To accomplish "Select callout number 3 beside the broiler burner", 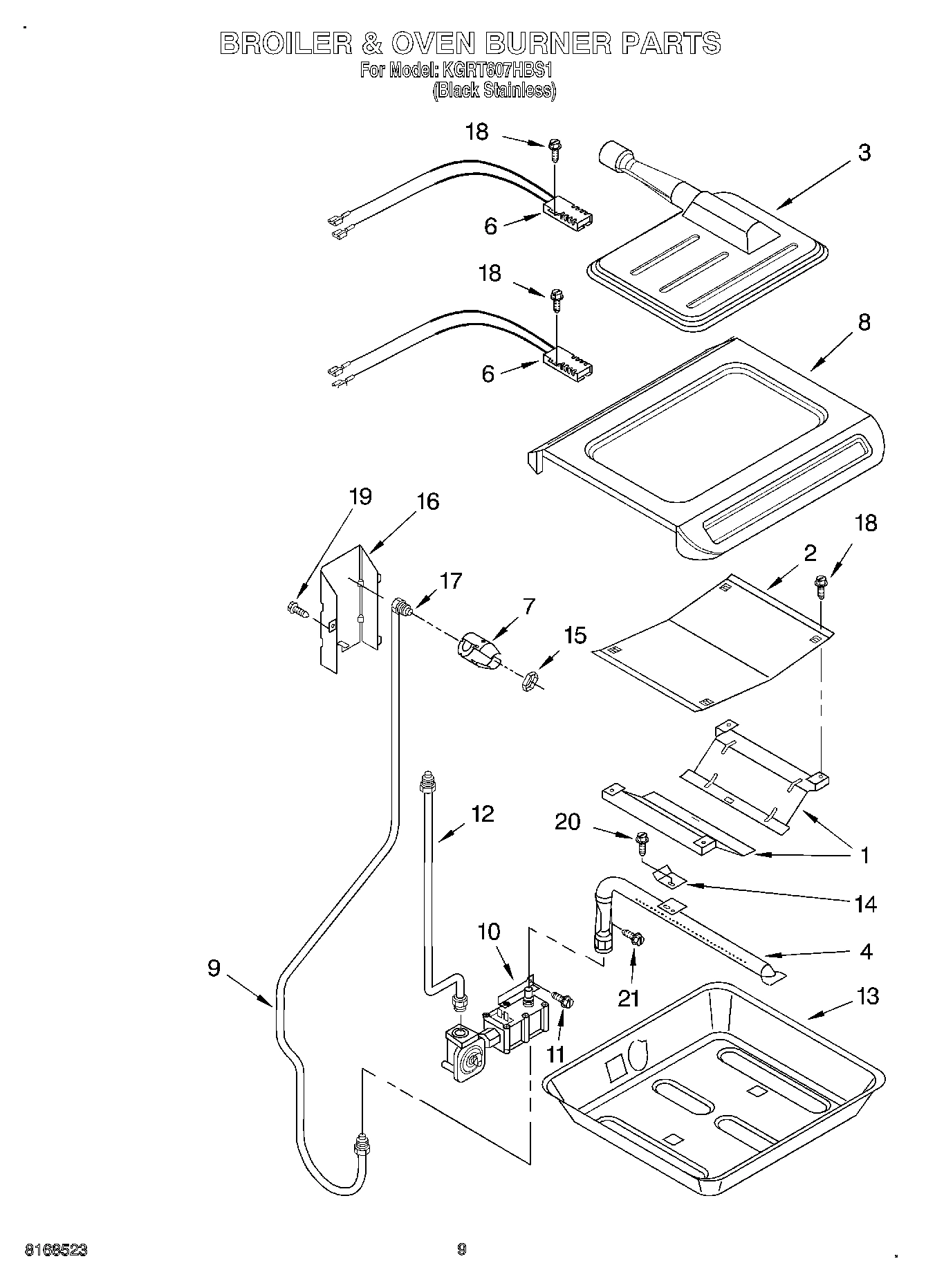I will [x=864, y=153].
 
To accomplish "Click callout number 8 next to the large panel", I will [x=864, y=322].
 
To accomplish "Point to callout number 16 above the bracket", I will [x=428, y=502].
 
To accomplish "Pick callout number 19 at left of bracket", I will [x=360, y=496].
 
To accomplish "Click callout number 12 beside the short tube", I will [x=482, y=813].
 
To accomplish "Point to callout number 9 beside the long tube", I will [x=214, y=968].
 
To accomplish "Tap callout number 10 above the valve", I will [x=488, y=931].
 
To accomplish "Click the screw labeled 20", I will [x=641, y=840].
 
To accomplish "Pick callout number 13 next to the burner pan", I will [x=867, y=996].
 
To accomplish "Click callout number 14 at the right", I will [x=866, y=904].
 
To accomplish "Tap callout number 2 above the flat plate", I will [x=809, y=552].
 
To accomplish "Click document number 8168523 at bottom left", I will [x=56, y=1250].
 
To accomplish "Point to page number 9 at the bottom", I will [x=462, y=1249].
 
